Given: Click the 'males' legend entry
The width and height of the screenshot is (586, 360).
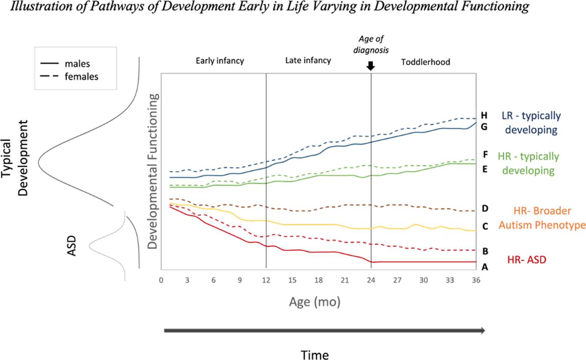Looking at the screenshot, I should (x=77, y=64).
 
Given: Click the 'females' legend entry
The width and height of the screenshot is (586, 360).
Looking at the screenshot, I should (x=81, y=77).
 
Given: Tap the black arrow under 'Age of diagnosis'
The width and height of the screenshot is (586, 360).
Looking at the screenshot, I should (x=371, y=66).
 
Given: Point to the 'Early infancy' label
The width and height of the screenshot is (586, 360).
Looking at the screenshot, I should (x=220, y=61).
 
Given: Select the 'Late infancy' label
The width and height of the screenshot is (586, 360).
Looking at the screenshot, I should (x=308, y=60).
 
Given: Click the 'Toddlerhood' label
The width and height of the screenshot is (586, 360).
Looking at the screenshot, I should (x=425, y=62).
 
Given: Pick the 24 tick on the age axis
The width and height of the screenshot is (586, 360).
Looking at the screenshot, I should (x=371, y=280).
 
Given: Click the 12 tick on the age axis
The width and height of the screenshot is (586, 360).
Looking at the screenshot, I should (x=266, y=280).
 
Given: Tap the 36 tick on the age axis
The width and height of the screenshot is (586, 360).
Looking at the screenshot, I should (x=476, y=280).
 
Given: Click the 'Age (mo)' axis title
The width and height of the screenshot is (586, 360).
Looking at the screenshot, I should (x=315, y=302).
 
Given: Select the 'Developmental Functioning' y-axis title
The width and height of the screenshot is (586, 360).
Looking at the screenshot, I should (x=153, y=171).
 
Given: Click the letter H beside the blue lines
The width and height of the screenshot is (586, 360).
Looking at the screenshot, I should (x=484, y=116).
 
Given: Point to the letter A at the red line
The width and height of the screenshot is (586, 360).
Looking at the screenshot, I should (x=485, y=267).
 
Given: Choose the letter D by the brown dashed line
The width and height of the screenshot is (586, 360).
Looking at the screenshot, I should (x=485, y=209).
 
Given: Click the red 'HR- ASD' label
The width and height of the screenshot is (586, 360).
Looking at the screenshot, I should (x=526, y=260).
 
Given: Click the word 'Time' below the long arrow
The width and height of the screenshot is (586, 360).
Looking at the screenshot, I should (x=315, y=355).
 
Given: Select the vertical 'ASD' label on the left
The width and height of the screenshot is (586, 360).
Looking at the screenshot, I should (x=72, y=245).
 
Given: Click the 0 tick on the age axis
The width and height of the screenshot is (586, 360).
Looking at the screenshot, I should (x=161, y=280).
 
